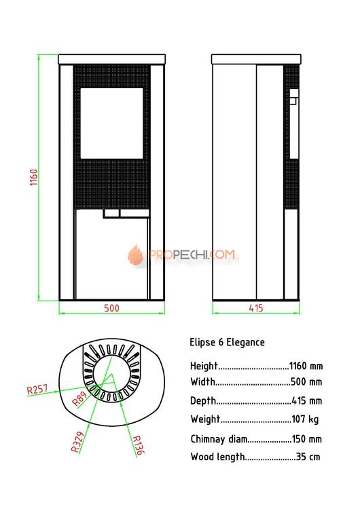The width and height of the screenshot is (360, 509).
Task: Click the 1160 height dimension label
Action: pyautogui.click(x=34, y=177)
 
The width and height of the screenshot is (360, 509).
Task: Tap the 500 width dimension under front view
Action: pyautogui.click(x=111, y=308)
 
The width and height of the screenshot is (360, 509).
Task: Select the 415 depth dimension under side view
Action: pyautogui.click(x=255, y=308)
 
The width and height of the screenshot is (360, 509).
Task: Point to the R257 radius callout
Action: pyautogui.click(x=37, y=389)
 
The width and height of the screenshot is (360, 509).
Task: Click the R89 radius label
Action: pyautogui.click(x=79, y=398)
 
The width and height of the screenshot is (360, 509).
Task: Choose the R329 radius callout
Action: pyautogui.click(x=77, y=442)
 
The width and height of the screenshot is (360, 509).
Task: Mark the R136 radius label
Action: pyautogui.click(x=138, y=445)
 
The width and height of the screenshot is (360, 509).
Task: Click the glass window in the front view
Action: pyautogui.click(x=112, y=124)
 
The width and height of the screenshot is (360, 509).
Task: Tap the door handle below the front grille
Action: pyautogui.click(x=126, y=213)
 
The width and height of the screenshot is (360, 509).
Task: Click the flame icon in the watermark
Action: pyautogui.click(x=135, y=254)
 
